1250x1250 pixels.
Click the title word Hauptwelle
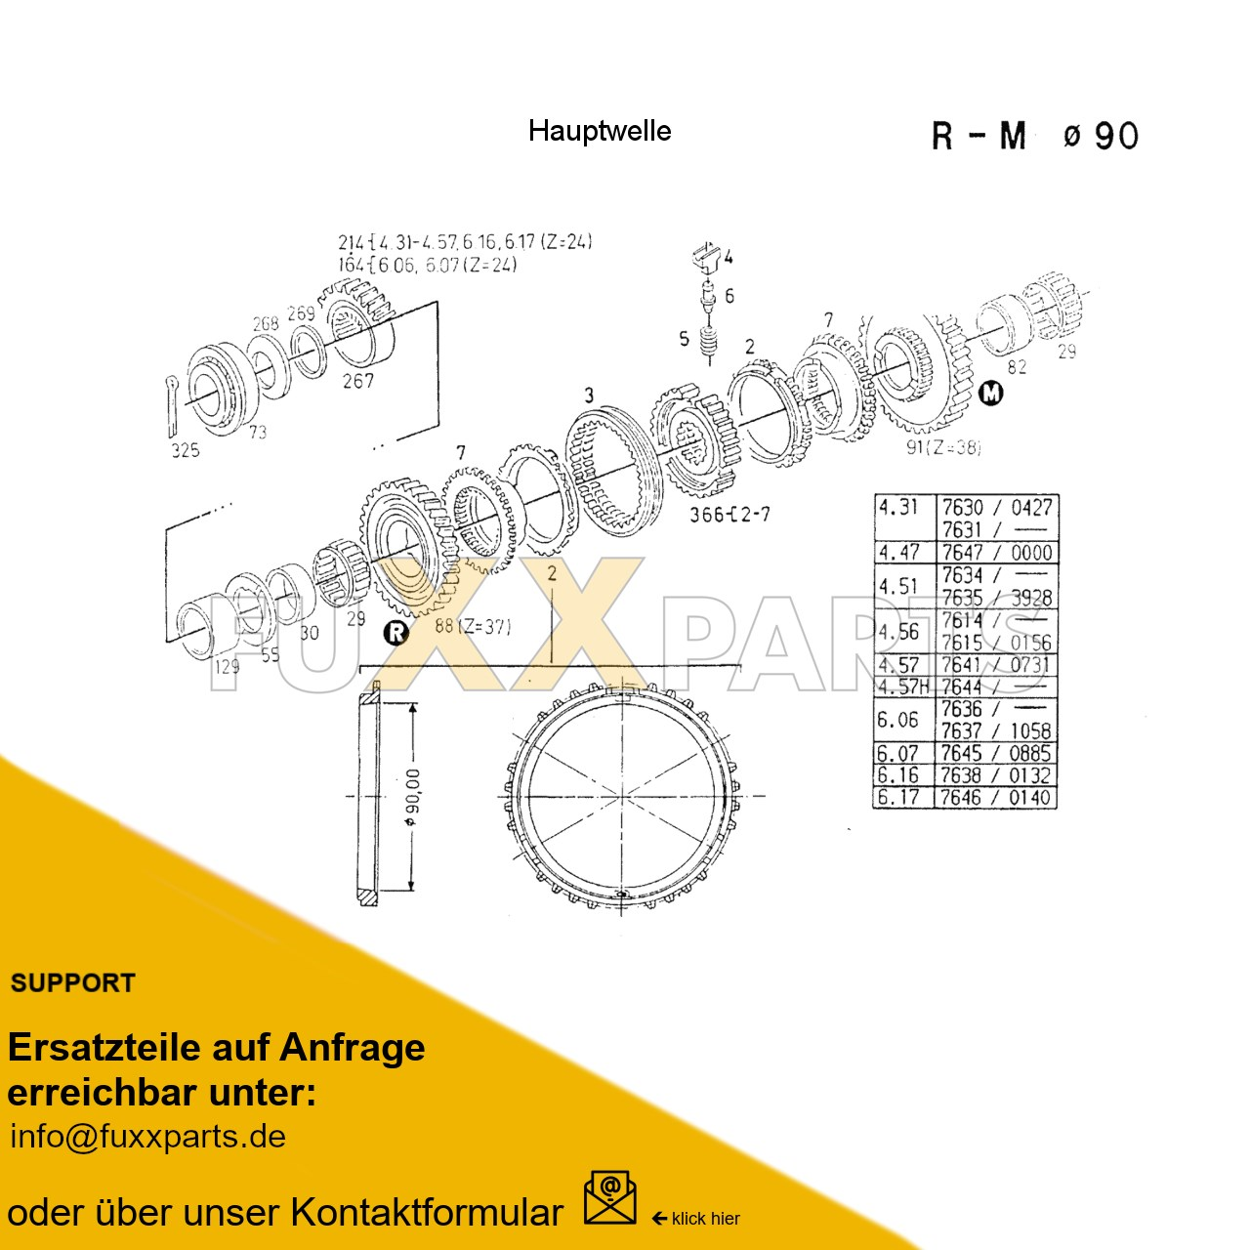(x=599, y=131)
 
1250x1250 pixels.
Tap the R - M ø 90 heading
(x=1034, y=136)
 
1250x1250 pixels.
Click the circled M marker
(x=990, y=394)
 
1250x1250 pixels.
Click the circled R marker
(x=396, y=632)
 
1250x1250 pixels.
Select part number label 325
(x=186, y=450)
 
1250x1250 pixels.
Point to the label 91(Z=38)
(x=942, y=447)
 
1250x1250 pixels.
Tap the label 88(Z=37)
(x=472, y=626)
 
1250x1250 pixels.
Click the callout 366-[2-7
(x=729, y=514)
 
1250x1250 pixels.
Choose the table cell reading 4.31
(x=898, y=507)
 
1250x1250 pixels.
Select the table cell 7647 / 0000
(x=996, y=553)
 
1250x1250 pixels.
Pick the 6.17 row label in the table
(x=898, y=797)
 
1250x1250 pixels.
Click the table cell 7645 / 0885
(x=996, y=753)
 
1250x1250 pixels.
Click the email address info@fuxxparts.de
(x=147, y=1137)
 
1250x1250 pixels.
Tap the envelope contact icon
(x=609, y=1198)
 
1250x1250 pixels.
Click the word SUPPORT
(x=72, y=983)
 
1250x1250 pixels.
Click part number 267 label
(x=357, y=381)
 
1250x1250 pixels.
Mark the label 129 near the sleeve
(x=227, y=666)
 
